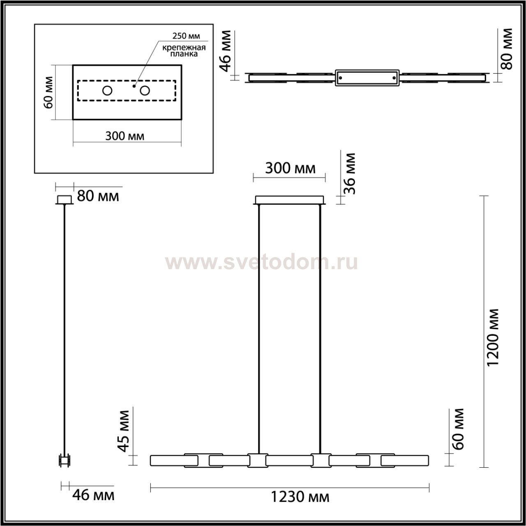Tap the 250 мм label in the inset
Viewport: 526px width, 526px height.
(186, 36)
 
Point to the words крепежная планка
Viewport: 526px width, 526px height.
(184, 51)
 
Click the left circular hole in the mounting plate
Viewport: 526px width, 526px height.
(107, 91)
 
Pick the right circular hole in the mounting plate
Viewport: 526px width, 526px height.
(145, 91)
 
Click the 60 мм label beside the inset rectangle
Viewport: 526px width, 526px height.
(48, 92)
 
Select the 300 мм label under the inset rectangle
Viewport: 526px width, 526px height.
(125, 136)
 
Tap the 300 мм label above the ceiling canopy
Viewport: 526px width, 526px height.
(290, 168)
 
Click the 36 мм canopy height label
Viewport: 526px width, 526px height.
(349, 173)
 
